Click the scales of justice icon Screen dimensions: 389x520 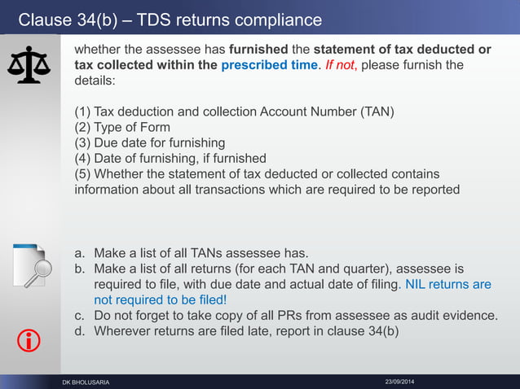coord(29,65)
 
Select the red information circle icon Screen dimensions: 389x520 coord(29,342)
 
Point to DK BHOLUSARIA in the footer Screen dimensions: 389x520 coord(86,382)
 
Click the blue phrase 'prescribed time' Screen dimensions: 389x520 coord(267,65)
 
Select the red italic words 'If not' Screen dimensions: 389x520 coord(340,65)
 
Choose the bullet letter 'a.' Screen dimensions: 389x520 coord(81,253)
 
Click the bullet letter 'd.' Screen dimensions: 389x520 coord(81,331)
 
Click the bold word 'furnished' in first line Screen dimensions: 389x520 coord(259,50)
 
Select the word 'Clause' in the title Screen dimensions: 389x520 coord(43,20)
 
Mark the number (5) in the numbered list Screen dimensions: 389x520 coord(83,174)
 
